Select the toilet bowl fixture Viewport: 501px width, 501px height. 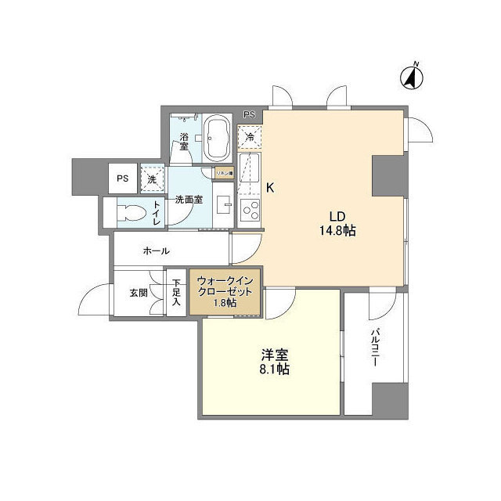129,212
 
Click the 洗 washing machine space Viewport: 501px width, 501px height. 152,178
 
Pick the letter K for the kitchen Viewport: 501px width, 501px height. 270,188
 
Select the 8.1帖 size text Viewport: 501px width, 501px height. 275,369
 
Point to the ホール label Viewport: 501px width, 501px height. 157,250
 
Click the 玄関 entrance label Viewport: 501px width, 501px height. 139,293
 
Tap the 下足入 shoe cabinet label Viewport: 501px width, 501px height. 177,291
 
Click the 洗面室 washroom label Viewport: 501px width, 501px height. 189,199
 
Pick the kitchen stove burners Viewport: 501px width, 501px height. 250,209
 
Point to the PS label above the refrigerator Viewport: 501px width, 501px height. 249,115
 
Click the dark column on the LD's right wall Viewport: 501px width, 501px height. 387,175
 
